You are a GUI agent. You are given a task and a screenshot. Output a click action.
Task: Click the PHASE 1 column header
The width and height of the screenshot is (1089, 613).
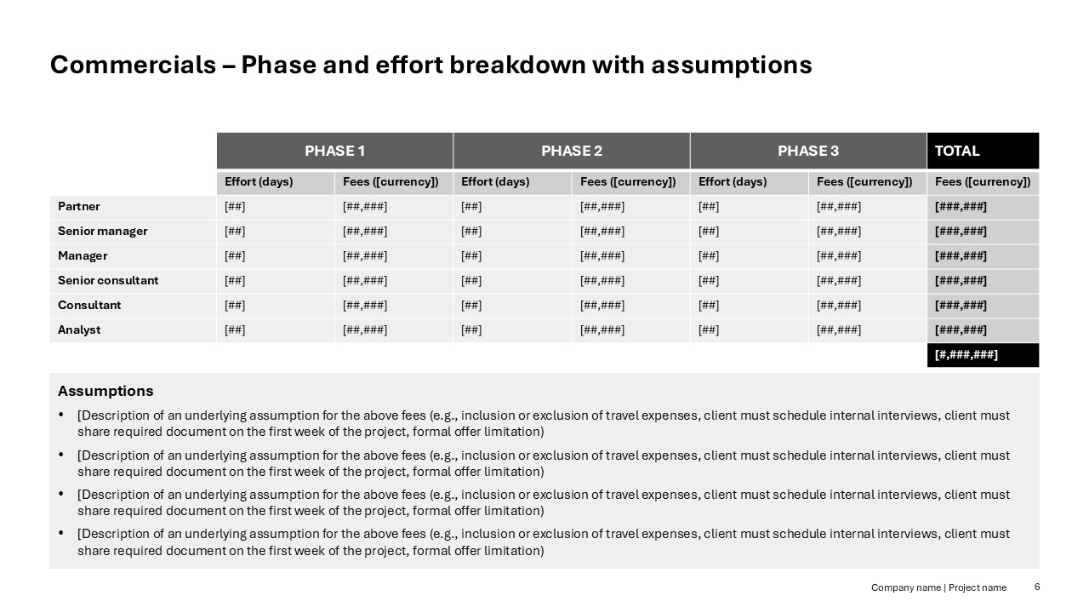coord(334,151)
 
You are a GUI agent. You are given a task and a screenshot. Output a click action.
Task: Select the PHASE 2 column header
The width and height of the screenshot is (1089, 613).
coord(571,151)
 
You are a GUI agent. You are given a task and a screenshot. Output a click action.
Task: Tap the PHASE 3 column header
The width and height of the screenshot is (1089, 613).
coord(807,151)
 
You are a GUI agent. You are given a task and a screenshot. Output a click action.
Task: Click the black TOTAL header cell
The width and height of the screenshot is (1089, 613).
coord(982,151)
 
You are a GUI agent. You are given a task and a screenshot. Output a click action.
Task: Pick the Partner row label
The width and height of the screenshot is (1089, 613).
coord(79,206)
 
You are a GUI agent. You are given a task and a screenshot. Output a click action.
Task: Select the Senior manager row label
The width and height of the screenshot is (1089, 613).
coord(102,231)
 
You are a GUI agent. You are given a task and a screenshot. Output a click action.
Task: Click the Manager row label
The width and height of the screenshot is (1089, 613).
coord(83,255)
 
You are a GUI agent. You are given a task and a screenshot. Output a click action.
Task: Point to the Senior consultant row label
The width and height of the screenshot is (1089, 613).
coord(108,280)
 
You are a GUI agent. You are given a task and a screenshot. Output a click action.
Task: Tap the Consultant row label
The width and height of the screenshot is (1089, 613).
coord(89,305)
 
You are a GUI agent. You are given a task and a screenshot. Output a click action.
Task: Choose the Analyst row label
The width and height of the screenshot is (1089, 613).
coord(79,329)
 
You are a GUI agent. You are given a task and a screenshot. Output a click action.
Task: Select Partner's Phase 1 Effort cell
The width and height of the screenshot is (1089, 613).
coord(236,206)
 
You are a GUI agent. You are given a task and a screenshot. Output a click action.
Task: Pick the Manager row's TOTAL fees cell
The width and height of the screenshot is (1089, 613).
coord(961,255)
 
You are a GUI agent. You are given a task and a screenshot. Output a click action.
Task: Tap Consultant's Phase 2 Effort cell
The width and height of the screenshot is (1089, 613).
coord(472,305)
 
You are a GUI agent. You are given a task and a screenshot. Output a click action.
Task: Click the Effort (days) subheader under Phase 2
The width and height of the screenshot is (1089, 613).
coord(495,181)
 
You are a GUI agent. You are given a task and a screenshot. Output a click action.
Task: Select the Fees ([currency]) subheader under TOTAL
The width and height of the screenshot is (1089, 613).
coord(982,181)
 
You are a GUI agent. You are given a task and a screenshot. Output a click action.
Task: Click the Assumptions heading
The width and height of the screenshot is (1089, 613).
coord(105,391)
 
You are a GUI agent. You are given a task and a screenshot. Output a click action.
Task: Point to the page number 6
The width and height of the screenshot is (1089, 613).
coord(1037,587)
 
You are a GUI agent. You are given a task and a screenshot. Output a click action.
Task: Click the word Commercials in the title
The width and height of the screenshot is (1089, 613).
coord(133,65)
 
